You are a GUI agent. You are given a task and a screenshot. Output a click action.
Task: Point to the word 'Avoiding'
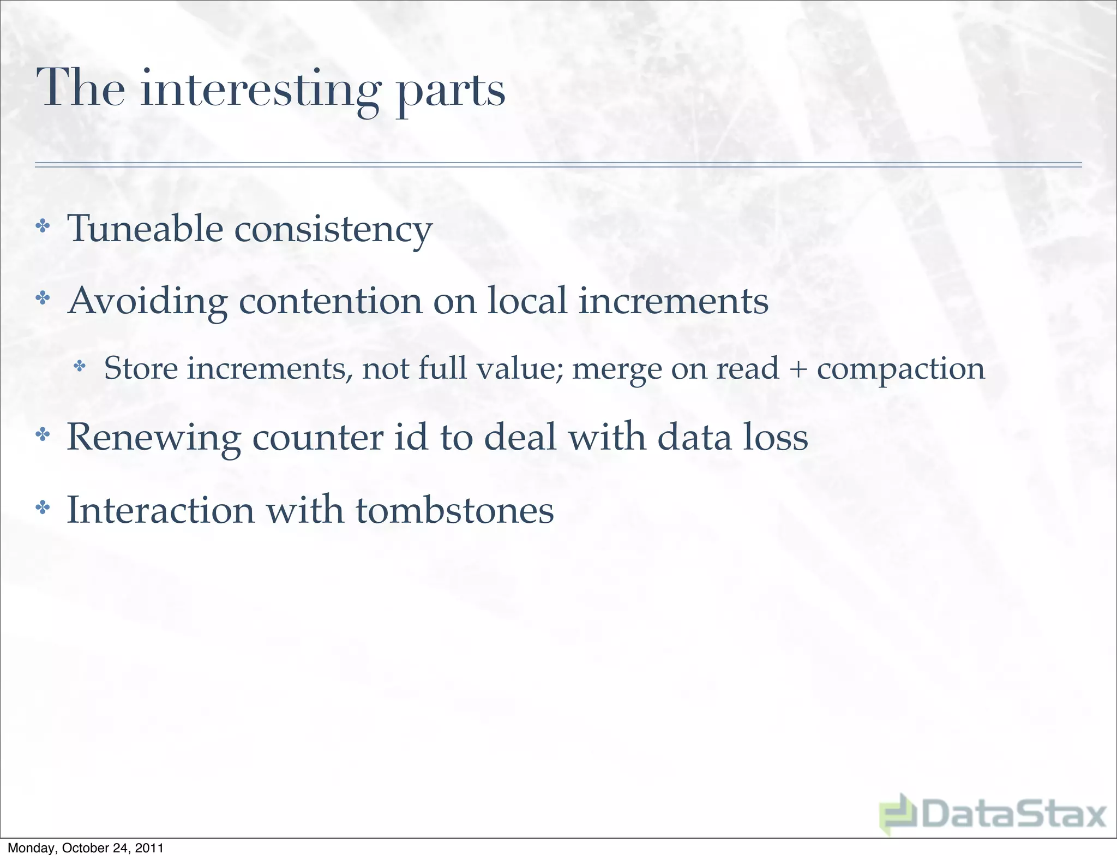pyautogui.click(x=147, y=301)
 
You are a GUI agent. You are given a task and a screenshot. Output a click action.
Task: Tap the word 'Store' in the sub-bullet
pyautogui.click(x=141, y=368)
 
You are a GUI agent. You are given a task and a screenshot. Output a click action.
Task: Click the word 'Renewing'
pyautogui.click(x=153, y=438)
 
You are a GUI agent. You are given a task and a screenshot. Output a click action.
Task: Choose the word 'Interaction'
pyautogui.click(x=160, y=510)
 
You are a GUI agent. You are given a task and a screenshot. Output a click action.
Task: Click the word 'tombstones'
pyautogui.click(x=455, y=510)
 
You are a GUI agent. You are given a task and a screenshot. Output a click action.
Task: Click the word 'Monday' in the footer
pyautogui.click(x=31, y=848)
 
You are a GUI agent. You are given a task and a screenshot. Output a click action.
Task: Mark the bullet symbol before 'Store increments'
pyautogui.click(x=80, y=366)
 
